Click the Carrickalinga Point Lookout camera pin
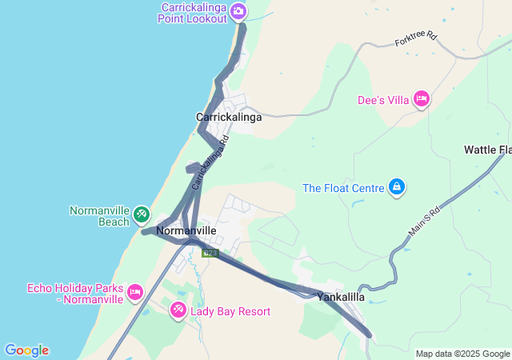[238, 11]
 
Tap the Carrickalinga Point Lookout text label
[194, 13]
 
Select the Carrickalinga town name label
[229, 117]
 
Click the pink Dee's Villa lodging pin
[422, 99]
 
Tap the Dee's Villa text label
[382, 100]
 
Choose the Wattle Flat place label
[487, 150]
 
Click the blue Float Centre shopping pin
[396, 187]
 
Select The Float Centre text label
[343, 189]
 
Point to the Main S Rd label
[425, 218]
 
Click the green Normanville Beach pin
[142, 214]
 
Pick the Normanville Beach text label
[99, 216]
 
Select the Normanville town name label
[186, 230]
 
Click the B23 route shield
[210, 253]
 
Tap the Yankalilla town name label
[341, 297]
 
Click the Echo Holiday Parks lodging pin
[134, 292]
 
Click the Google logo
[26, 350]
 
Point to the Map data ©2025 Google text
[462, 354]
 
